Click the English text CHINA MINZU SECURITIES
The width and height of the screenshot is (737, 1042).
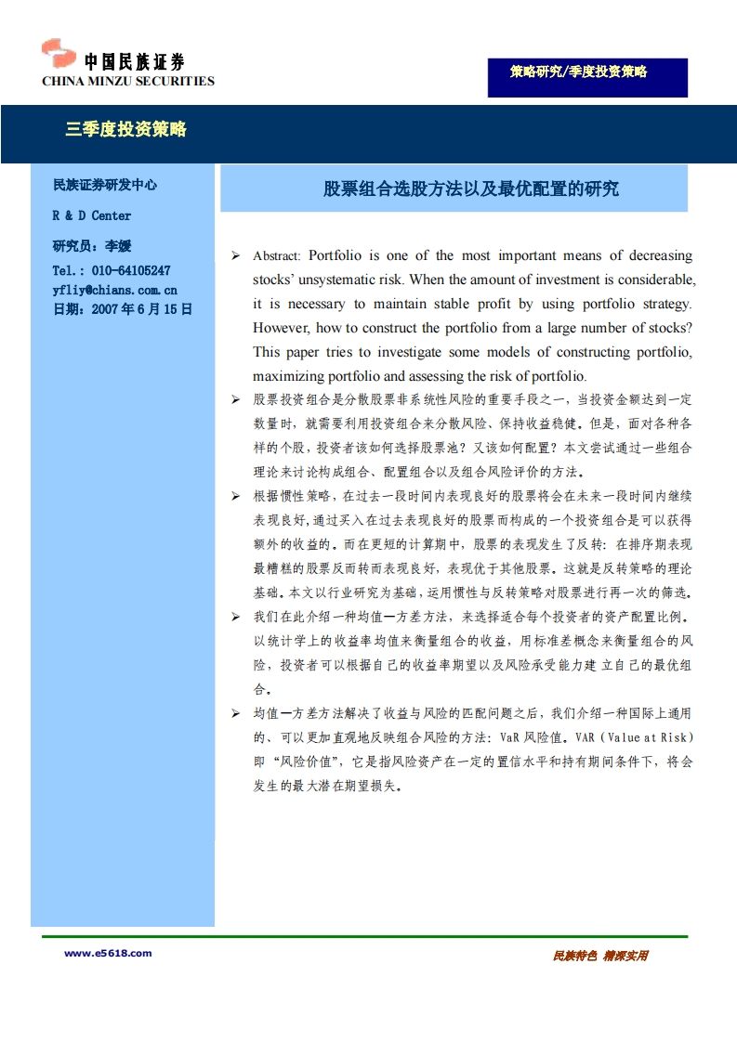[x=128, y=81]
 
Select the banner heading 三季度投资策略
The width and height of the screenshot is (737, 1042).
[x=126, y=129]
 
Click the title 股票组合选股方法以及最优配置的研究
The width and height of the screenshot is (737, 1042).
[x=470, y=189]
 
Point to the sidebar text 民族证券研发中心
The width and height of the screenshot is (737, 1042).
[x=105, y=185]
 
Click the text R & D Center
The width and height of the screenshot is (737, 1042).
[x=92, y=215]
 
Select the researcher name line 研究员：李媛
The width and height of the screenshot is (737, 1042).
[x=92, y=246]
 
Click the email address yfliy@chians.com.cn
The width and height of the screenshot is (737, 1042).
[x=115, y=290]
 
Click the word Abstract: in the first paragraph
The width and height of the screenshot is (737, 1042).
[x=277, y=256]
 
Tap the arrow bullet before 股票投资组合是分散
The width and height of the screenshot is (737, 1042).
[x=235, y=399]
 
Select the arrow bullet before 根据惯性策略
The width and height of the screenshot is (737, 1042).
[x=235, y=496]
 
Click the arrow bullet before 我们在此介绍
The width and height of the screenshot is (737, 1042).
[x=235, y=617]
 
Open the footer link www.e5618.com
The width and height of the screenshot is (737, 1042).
[x=108, y=953]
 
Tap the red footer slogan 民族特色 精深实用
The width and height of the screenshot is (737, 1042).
[x=599, y=956]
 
